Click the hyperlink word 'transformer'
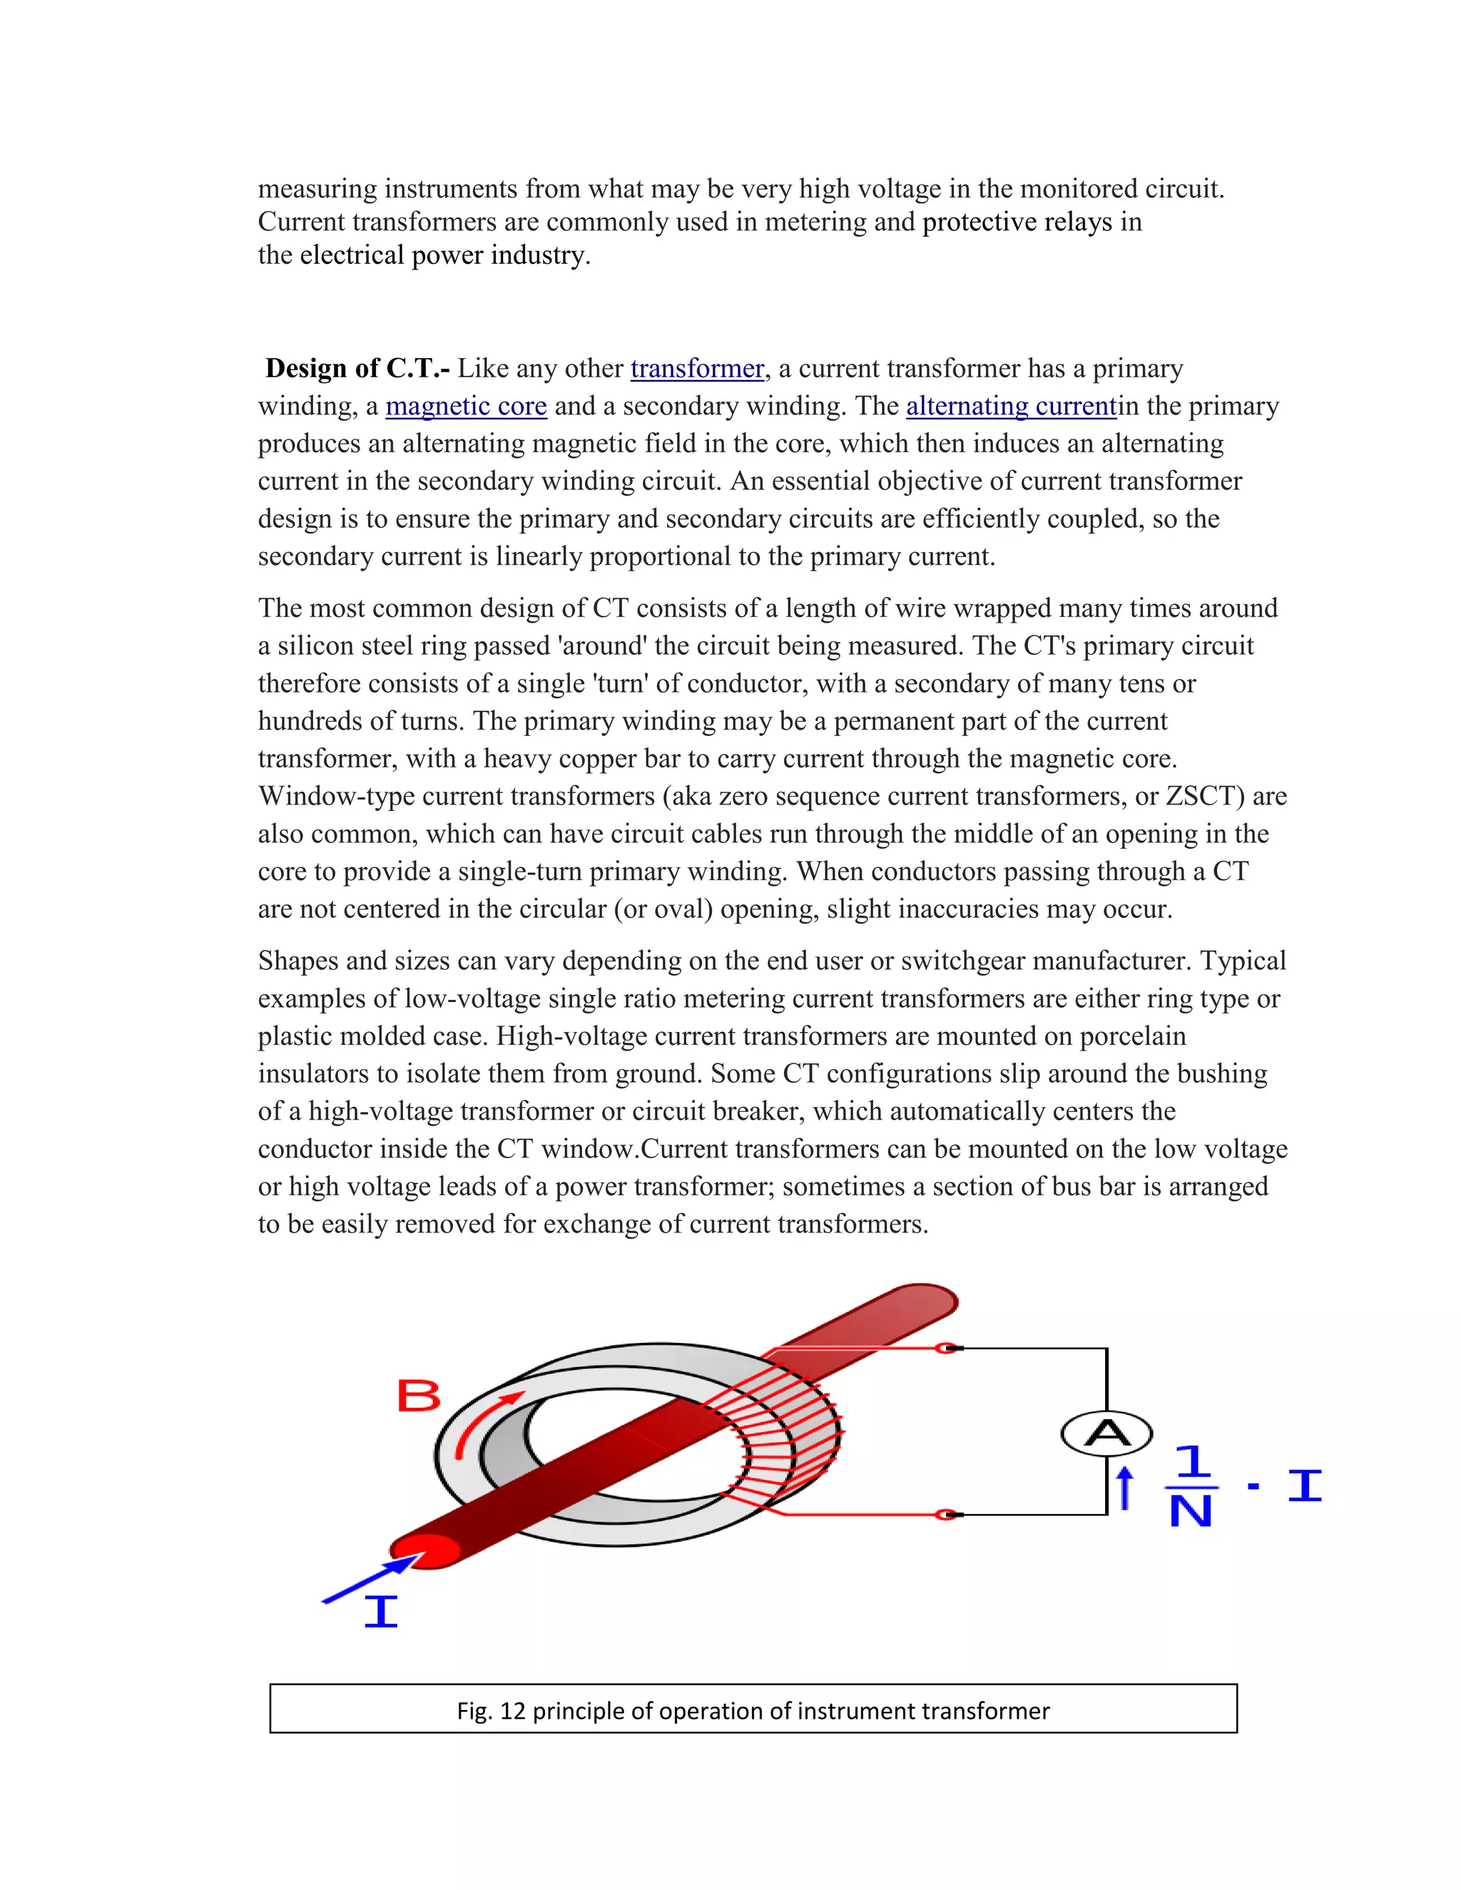click(697, 369)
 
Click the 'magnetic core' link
click(466, 406)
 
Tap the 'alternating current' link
click(1010, 406)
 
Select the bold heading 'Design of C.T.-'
click(357, 369)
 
